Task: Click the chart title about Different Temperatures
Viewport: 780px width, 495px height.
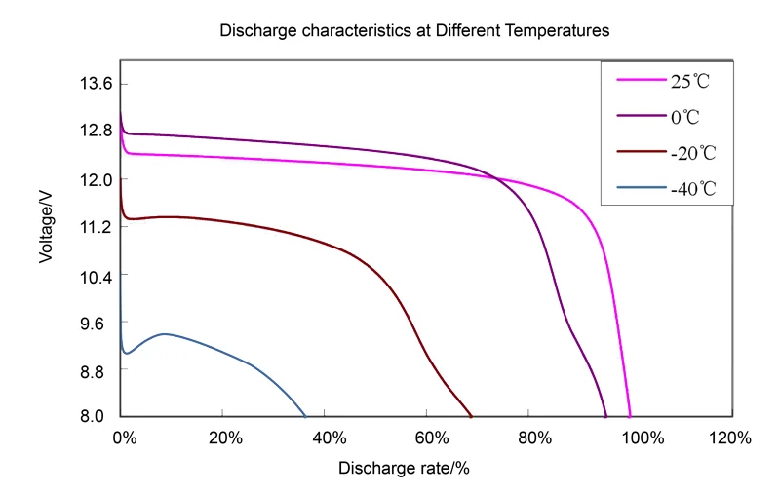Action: (x=414, y=30)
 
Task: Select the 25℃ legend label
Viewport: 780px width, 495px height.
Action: (x=689, y=81)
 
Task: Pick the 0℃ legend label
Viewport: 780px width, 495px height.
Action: (x=685, y=117)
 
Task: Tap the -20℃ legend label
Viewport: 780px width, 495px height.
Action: (x=693, y=153)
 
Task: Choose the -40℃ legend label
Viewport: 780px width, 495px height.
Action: (x=693, y=189)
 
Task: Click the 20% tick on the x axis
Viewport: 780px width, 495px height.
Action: (x=224, y=438)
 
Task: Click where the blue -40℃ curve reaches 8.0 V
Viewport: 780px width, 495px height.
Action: (x=305, y=416)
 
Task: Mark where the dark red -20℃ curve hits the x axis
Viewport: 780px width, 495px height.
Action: (x=472, y=416)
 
